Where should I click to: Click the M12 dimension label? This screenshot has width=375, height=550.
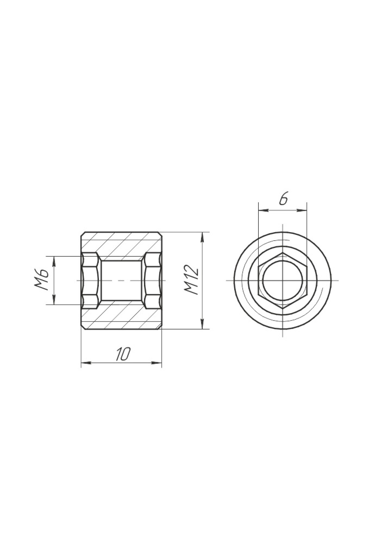192,280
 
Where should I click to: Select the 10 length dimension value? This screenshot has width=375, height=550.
123,354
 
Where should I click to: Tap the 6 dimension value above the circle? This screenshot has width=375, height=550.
283,199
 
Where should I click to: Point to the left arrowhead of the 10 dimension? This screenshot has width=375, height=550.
86,363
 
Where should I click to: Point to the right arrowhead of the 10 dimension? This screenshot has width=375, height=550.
157,363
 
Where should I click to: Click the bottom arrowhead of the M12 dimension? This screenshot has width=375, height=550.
202,324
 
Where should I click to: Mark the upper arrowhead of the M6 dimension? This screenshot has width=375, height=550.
54,261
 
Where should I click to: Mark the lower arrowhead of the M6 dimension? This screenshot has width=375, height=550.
54,299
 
